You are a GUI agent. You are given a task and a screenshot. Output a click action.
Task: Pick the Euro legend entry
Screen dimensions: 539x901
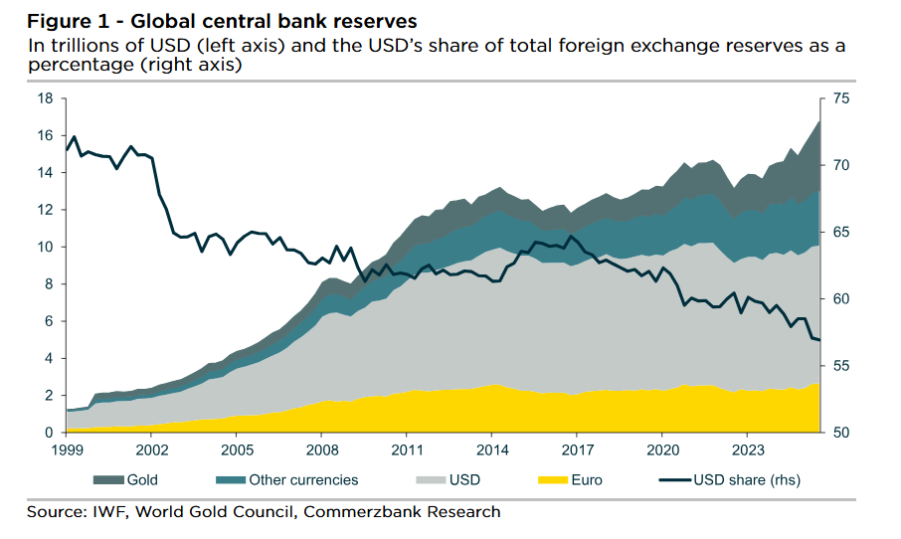click(586, 479)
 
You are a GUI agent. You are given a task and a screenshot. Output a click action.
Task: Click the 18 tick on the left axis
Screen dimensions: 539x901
click(45, 97)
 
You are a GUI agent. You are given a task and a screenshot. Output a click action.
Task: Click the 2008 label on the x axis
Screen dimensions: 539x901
click(321, 449)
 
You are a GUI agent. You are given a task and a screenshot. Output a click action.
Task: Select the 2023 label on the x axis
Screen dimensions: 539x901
click(745, 449)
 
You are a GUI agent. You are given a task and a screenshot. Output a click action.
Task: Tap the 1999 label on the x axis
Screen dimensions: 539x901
click(67, 449)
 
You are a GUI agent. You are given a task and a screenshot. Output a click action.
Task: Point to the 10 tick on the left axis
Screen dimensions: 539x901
click(45, 247)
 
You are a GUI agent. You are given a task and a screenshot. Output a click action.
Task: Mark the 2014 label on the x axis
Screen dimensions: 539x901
click(490, 449)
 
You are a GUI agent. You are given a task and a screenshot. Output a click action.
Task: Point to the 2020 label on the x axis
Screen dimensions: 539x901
click(660, 449)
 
